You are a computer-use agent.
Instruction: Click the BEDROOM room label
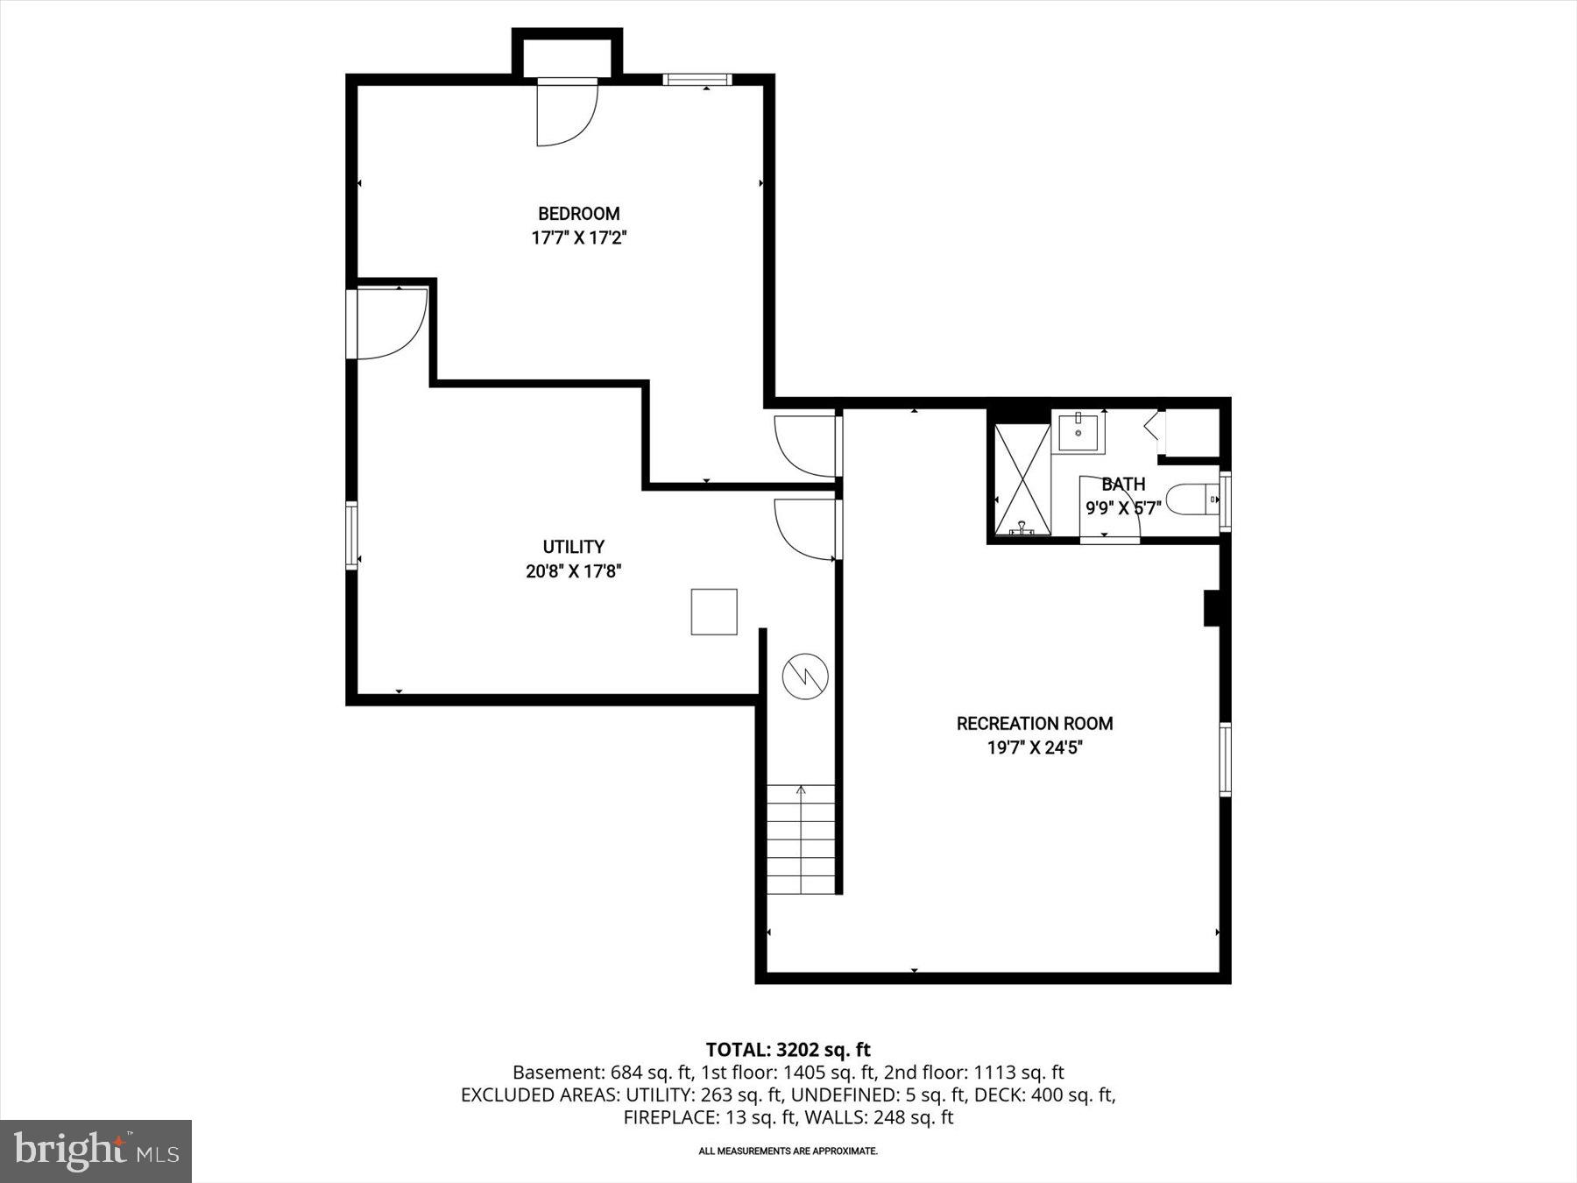pos(578,214)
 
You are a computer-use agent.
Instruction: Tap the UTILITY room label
pos(573,547)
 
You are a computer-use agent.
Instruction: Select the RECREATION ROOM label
pos(1035,724)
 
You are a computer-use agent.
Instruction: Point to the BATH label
pos(1122,484)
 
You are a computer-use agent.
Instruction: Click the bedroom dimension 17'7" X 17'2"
pos(578,237)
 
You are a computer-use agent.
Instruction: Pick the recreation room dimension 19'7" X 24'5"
pos(1035,747)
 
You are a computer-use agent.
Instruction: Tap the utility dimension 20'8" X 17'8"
pos(573,571)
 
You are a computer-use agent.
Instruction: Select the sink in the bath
pos(1078,431)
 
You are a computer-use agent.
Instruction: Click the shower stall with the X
pos(1022,478)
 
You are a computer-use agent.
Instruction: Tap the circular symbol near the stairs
pos(805,676)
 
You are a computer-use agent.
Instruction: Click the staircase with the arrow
pos(802,839)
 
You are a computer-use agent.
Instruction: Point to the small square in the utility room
pos(713,612)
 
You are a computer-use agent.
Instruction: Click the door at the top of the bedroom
pos(566,111)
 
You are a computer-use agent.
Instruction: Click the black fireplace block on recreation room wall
pos(1213,608)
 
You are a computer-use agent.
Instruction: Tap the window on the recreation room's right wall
pos(1226,759)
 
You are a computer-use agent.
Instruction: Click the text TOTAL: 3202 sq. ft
pos(788,1049)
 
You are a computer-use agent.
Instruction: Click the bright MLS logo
pos(95,1151)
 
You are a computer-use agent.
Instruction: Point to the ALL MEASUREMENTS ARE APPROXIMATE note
pos(788,1151)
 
